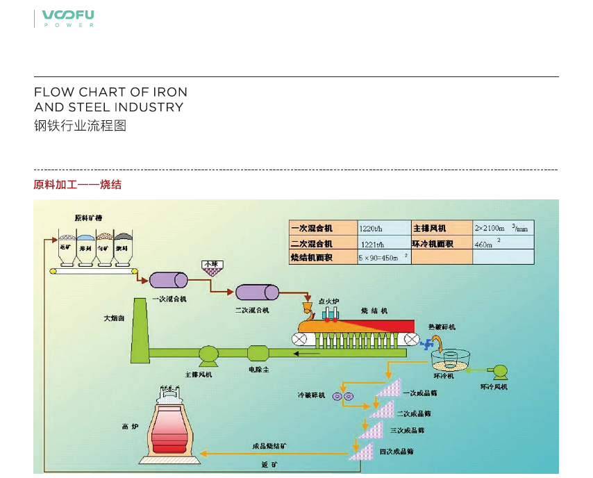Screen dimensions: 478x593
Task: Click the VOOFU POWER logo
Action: (x=68, y=18)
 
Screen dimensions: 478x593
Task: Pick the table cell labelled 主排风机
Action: (x=442, y=228)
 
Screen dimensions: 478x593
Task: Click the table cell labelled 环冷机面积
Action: (x=442, y=243)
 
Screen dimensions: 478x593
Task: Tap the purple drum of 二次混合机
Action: (x=257, y=292)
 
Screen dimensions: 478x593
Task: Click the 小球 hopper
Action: (x=210, y=267)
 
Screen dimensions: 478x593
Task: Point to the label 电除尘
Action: (x=259, y=370)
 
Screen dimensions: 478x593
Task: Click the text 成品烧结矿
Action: (x=269, y=445)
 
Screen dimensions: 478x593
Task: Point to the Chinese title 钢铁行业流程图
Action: (x=81, y=126)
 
